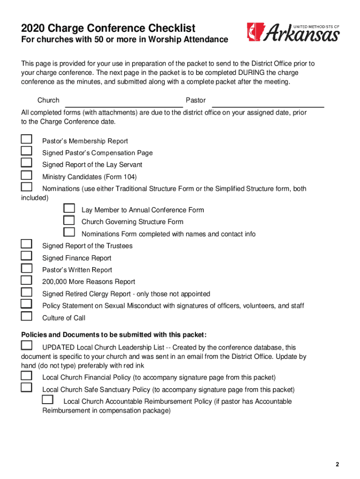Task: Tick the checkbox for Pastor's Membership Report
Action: pos(27,139)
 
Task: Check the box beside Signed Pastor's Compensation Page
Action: pos(27,151)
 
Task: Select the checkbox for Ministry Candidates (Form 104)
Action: pos(27,175)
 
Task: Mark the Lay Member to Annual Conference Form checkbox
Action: pos(69,208)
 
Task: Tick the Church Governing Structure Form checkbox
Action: pos(69,220)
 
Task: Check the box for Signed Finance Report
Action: pos(27,256)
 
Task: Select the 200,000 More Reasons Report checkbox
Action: pos(27,280)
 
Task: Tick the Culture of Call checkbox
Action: pos(27,316)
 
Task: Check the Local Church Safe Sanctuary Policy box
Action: pos(27,387)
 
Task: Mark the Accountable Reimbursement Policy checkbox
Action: pos(47,399)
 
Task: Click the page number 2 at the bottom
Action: pos(337,464)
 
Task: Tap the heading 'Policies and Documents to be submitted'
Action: pos(114,335)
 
